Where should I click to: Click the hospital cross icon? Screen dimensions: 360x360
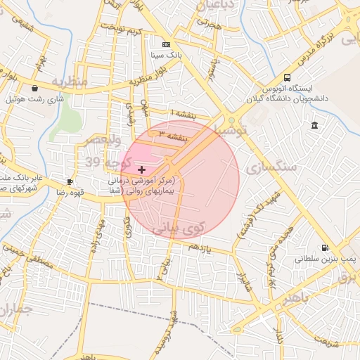point(143,169)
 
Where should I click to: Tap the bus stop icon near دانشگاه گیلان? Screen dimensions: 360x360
point(287,78)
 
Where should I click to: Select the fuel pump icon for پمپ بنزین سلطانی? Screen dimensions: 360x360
point(324,247)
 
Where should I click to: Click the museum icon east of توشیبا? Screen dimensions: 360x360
point(314,125)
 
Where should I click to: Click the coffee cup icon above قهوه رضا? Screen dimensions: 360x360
point(69,181)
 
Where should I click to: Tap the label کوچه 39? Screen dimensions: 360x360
point(103,163)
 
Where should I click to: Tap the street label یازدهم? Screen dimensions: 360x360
point(199,247)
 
